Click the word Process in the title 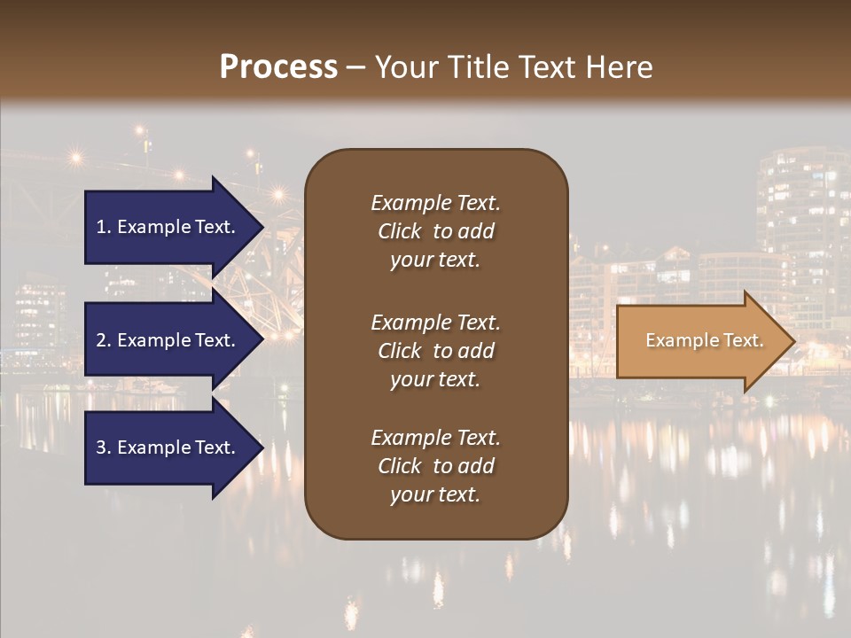(278, 67)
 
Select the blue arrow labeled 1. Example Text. (166, 227)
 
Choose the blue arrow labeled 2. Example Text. (166, 340)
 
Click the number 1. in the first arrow (104, 227)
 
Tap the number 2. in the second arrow (104, 340)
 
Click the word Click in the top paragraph (399, 231)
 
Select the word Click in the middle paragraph (399, 351)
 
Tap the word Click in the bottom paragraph (399, 466)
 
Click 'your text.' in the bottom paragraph (435, 494)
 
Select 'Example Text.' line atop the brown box (435, 203)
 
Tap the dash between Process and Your (356, 67)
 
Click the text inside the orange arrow (705, 340)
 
